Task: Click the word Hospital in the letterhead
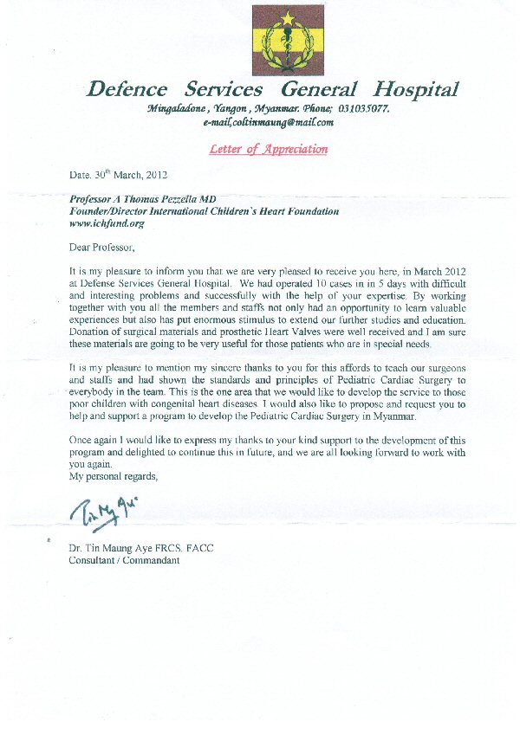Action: pyautogui.click(x=415, y=89)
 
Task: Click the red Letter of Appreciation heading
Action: pyautogui.click(x=269, y=149)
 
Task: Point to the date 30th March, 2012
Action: pyautogui.click(x=114, y=174)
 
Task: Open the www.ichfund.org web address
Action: pyautogui.click(x=101, y=223)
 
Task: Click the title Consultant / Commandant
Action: pyautogui.click(x=124, y=560)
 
